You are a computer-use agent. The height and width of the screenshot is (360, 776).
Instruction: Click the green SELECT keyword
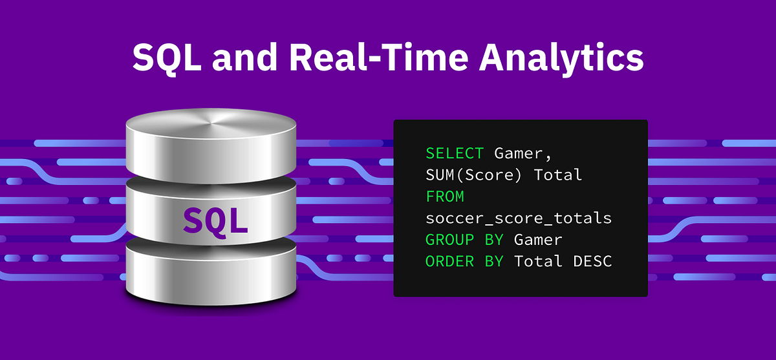pos(455,153)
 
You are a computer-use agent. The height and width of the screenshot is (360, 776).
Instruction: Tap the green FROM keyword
pos(445,196)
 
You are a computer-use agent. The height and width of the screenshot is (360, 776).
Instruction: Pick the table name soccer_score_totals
pos(519,218)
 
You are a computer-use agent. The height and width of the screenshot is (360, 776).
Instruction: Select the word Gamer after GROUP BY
pos(538,240)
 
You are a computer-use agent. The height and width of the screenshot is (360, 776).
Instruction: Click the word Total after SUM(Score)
pos(558,175)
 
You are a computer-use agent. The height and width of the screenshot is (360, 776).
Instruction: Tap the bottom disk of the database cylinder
pos(211,271)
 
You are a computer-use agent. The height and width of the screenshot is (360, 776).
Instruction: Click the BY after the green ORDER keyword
pos(493,261)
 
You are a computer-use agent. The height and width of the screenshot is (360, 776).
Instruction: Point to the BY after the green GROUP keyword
pos(493,240)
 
